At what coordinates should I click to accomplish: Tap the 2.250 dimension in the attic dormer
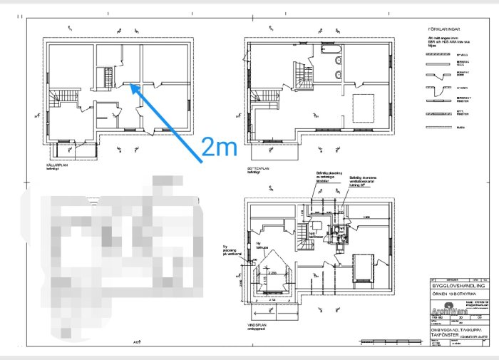click(x=270, y=273)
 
